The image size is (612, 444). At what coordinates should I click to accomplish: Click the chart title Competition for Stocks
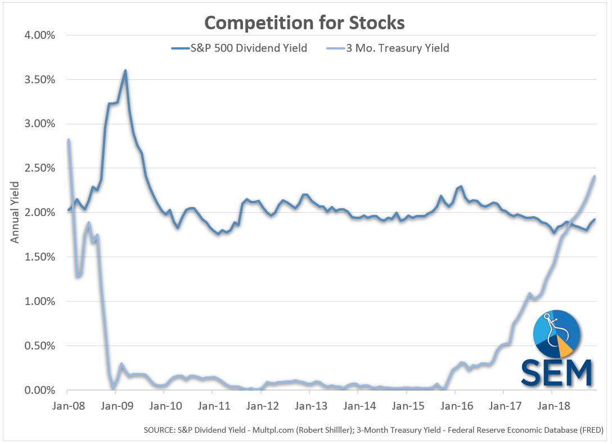coord(304,23)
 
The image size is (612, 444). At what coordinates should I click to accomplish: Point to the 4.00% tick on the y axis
coord(39,35)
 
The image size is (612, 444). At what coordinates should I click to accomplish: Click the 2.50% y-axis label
coord(39,168)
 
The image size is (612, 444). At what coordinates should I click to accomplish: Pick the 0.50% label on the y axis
coord(39,346)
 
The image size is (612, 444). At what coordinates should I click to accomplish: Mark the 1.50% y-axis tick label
coord(39,257)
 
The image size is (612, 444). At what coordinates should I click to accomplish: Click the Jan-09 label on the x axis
coord(115,406)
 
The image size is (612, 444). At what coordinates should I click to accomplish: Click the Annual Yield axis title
coord(15,212)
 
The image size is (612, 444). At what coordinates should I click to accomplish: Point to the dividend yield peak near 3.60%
coord(125,71)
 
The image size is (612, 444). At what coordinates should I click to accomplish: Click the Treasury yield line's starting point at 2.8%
coord(68,140)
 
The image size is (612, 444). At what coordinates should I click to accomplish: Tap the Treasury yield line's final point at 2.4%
coord(595,177)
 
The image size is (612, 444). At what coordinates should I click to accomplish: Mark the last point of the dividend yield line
coord(595,219)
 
